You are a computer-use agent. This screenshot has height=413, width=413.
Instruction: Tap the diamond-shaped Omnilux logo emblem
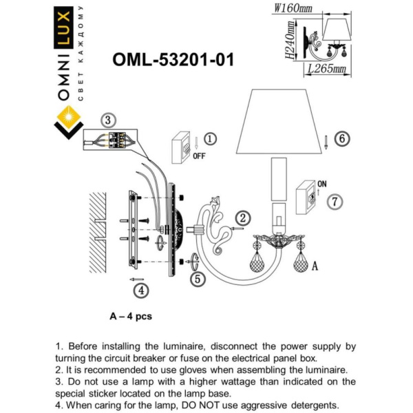coord(67,122)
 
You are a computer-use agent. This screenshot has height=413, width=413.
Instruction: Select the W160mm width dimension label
coord(293,8)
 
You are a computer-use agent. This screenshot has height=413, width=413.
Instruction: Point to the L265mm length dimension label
coord(326,69)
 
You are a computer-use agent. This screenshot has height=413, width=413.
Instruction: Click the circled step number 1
coord(211,138)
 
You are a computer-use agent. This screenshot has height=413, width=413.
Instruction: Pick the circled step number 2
coord(244,218)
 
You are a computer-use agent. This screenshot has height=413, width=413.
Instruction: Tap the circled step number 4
coord(140,290)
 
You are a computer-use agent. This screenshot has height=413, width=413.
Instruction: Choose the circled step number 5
coord(198,279)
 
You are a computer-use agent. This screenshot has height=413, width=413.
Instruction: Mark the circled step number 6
coord(342,138)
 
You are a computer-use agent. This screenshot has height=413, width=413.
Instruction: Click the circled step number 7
coord(335,202)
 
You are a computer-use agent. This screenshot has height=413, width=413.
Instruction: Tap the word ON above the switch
coord(321,184)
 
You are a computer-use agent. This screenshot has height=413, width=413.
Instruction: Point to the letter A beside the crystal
coord(315,264)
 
